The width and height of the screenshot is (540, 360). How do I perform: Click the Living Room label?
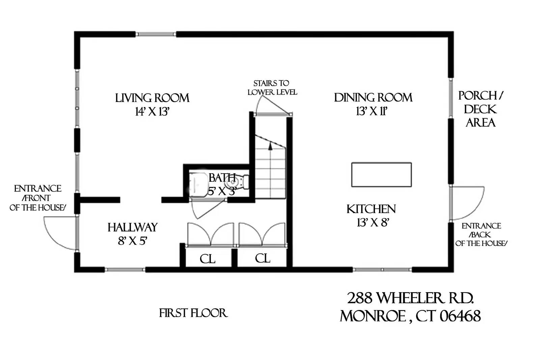coord(152,98)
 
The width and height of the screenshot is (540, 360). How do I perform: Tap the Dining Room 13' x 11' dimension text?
coord(371,111)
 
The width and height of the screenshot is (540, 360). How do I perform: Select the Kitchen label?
coord(371,209)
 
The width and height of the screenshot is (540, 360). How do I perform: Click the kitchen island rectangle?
coord(381,175)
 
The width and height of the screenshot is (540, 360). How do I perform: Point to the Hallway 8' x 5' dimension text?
coord(132,241)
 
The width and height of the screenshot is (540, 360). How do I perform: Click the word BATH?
coord(222,178)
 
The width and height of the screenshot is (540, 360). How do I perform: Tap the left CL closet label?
coord(207,259)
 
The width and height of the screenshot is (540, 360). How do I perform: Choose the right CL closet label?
coord(263,258)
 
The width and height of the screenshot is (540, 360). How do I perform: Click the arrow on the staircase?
coord(270,146)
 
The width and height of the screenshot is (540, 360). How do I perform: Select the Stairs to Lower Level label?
coord(272,88)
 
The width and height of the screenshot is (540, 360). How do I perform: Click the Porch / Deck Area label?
coord(481,109)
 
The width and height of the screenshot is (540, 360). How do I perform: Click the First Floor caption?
coord(193,313)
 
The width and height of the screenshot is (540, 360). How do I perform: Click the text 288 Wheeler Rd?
coord(410,298)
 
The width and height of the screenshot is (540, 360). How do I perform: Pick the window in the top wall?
coord(156,34)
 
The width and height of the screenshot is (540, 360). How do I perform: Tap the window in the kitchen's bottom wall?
coord(382,269)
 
